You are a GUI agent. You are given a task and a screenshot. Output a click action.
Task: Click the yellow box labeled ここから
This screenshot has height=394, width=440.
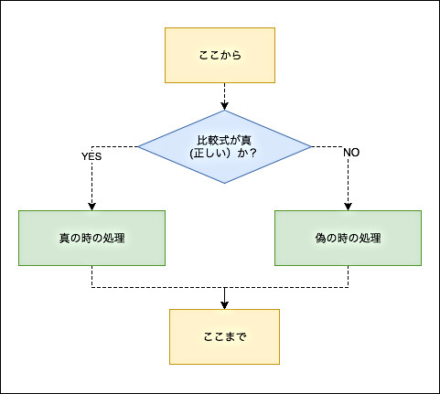coord(220,55)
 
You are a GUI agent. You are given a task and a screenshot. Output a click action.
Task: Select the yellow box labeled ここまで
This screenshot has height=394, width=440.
coord(224,336)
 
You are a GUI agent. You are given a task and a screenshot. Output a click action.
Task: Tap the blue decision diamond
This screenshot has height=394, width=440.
coord(225,147)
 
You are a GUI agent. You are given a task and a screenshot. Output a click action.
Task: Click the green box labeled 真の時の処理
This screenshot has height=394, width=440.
coord(91,238)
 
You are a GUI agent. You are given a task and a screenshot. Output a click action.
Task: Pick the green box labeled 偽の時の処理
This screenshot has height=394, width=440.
coord(348,238)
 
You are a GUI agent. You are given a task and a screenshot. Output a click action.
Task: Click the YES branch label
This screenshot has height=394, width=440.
coord(91,156)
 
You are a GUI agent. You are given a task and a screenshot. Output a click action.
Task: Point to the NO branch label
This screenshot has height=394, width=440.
coord(351,153)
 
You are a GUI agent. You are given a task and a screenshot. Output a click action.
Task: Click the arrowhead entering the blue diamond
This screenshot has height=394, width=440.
coord(225,106)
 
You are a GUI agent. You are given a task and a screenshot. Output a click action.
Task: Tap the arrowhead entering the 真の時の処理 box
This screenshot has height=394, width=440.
coord(91,207)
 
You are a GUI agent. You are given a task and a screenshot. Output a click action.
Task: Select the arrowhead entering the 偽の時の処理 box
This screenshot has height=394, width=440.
coord(348,207)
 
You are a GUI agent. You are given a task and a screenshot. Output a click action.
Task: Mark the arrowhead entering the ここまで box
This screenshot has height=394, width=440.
coord(225,305)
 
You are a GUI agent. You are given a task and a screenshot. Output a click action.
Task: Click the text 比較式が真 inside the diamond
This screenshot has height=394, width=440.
coord(224,140)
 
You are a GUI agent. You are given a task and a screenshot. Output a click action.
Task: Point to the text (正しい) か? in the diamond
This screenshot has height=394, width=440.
coord(223,153)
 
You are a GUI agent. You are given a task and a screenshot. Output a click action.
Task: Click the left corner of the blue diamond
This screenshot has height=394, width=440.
coord(138,147)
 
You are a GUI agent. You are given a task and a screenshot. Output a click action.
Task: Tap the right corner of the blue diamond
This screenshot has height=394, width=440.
coord(312,147)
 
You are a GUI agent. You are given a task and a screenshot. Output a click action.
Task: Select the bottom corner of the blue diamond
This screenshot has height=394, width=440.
coord(225,184)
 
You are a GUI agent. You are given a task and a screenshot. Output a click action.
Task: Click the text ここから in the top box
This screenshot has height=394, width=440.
coord(220,55)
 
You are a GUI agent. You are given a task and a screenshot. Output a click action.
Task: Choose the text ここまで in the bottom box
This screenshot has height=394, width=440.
coord(225,336)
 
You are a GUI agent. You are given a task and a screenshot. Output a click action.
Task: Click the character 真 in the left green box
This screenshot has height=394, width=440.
coord(65,238)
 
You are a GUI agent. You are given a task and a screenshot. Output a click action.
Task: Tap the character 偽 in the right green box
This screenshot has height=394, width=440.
coord(321,238)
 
